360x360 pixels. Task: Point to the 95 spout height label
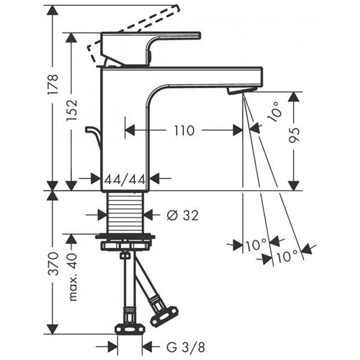pyautogui.click(x=294, y=139)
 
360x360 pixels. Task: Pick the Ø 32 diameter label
pyautogui.click(x=180, y=214)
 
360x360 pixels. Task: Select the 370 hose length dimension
pyautogui.click(x=53, y=263)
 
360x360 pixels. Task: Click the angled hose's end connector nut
pyautogui.click(x=164, y=314)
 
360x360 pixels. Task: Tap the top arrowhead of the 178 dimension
pyautogui.click(x=53, y=7)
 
